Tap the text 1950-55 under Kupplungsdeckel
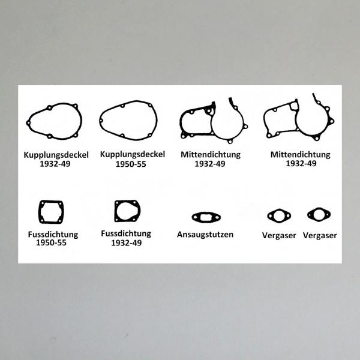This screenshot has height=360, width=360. [x=131, y=164]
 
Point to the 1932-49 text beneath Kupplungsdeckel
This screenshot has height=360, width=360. [x=55, y=164]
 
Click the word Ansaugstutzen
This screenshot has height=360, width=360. [x=205, y=235]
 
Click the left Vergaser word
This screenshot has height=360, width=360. [x=279, y=236]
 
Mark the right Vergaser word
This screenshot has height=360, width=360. [x=320, y=236]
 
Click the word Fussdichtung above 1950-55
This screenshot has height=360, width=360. [x=53, y=235]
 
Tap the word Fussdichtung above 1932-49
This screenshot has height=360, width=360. [x=126, y=233]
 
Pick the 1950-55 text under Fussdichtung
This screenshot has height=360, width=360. [x=51, y=242]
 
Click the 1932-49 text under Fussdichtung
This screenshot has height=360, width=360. [x=127, y=243]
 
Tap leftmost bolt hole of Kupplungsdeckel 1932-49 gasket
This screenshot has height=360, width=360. [x=28, y=123]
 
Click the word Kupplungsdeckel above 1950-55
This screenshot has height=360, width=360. [x=133, y=155]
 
